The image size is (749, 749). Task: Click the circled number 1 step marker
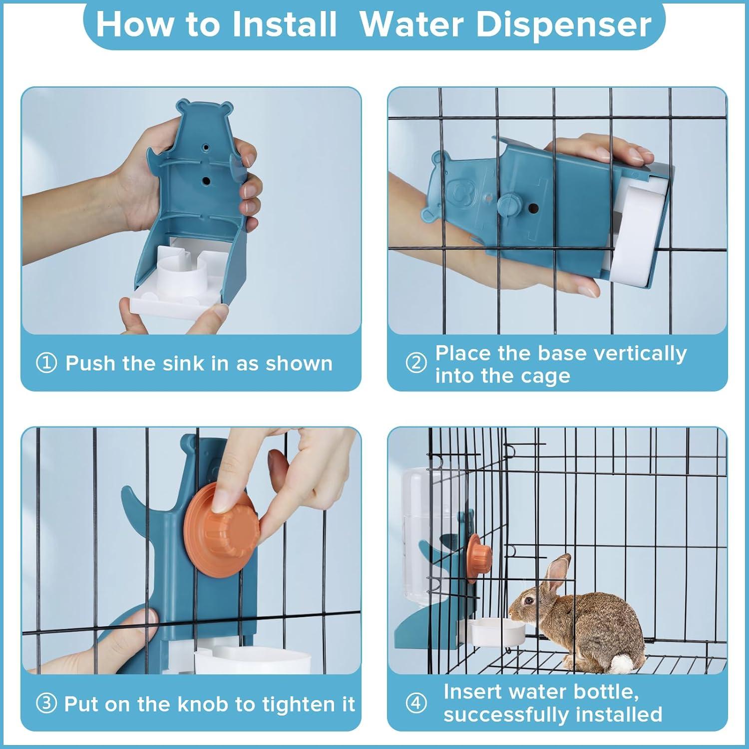[x=46, y=363]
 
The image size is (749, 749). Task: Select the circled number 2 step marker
[x=416, y=363]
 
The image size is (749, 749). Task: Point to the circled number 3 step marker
[x=46, y=704]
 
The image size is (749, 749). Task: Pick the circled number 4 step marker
[x=416, y=704]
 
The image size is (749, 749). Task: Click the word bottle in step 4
[x=606, y=692]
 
